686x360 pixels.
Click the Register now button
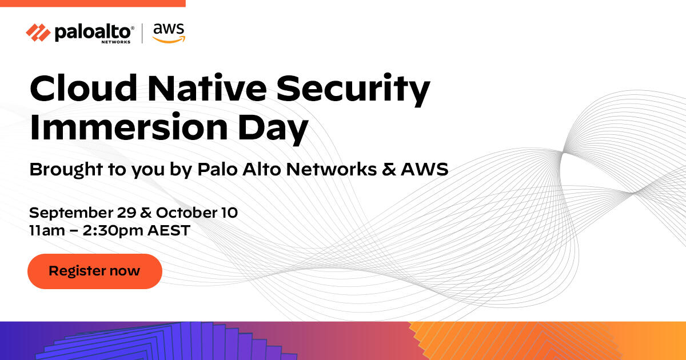click(94, 271)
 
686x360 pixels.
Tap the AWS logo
click(168, 33)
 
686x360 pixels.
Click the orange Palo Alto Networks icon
click(38, 33)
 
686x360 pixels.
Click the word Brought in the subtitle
click(63, 170)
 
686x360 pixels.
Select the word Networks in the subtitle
click(321, 169)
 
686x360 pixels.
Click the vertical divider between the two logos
click(142, 33)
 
